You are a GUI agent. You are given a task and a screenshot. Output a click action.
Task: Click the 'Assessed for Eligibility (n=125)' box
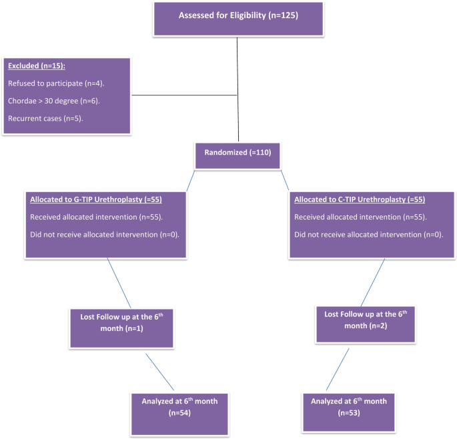tap(237, 17)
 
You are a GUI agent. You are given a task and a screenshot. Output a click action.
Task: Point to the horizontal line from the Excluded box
tap(185, 95)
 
